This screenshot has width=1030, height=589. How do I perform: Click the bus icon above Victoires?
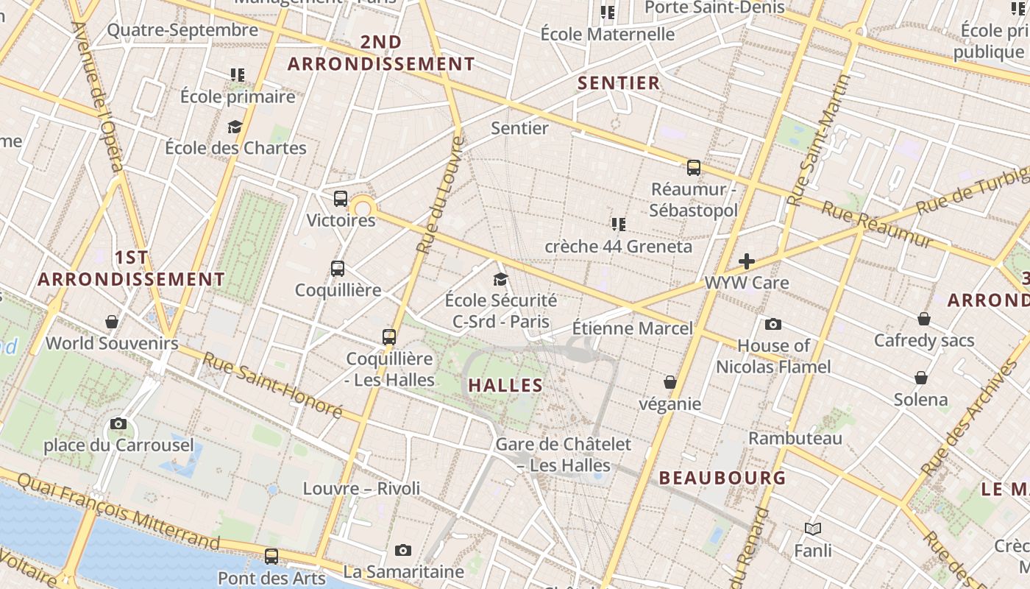point(340,199)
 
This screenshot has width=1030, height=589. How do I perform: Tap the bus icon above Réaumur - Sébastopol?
point(693,168)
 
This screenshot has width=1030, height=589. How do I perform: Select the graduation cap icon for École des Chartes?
point(235,127)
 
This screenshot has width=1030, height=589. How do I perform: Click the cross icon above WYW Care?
point(747,261)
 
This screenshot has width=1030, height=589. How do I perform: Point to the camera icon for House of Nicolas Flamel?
point(772,325)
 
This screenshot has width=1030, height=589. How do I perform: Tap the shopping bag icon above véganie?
point(669,382)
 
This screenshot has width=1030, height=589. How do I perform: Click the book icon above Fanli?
point(813,529)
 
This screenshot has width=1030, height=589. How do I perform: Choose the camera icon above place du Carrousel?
point(118,424)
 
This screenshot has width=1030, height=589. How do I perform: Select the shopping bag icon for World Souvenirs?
point(112,322)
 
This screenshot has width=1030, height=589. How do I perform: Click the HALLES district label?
point(505,385)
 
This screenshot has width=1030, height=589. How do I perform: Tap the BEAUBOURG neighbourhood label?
point(722,478)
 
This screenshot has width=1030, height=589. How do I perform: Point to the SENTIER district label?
point(619,83)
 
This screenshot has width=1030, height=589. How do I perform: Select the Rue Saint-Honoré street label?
point(271,385)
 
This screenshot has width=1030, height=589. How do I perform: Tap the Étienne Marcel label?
point(633,328)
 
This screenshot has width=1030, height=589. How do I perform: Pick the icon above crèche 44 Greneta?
point(618,224)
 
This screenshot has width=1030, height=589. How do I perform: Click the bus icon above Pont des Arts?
point(271,557)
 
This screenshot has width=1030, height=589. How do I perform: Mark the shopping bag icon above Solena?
point(920,378)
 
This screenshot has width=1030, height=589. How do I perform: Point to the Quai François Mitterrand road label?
point(118,511)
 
